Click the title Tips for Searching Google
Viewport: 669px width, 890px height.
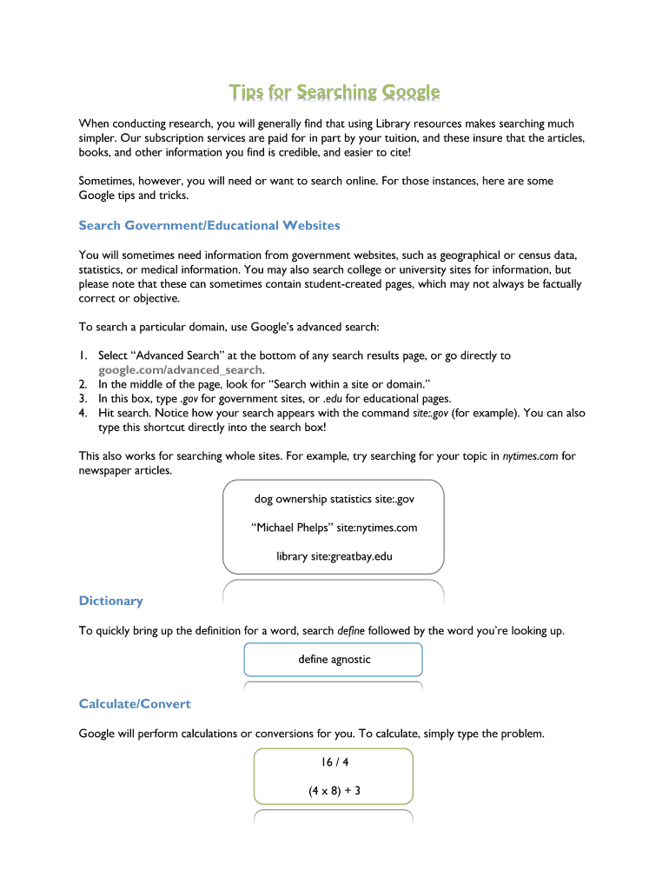tap(334, 92)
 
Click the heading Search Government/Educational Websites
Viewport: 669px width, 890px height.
tap(209, 226)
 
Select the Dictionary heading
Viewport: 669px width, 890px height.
tap(110, 601)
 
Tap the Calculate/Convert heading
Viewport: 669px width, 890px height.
tap(135, 703)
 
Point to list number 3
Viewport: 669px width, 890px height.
tap(83, 398)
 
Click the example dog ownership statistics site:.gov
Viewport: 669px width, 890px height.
tap(334, 499)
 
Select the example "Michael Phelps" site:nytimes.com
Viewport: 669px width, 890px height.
tap(334, 528)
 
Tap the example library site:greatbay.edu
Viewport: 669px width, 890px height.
tap(334, 556)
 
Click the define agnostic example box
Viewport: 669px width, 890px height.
tap(334, 660)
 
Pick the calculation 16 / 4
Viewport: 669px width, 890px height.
tap(334, 762)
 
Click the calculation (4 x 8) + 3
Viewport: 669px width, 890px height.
tap(334, 791)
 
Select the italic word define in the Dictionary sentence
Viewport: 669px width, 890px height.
tap(351, 631)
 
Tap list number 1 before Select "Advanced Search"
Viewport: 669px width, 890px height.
tap(83, 355)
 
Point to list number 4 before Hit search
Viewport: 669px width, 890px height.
tap(83, 413)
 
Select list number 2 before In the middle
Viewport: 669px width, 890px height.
tap(83, 384)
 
